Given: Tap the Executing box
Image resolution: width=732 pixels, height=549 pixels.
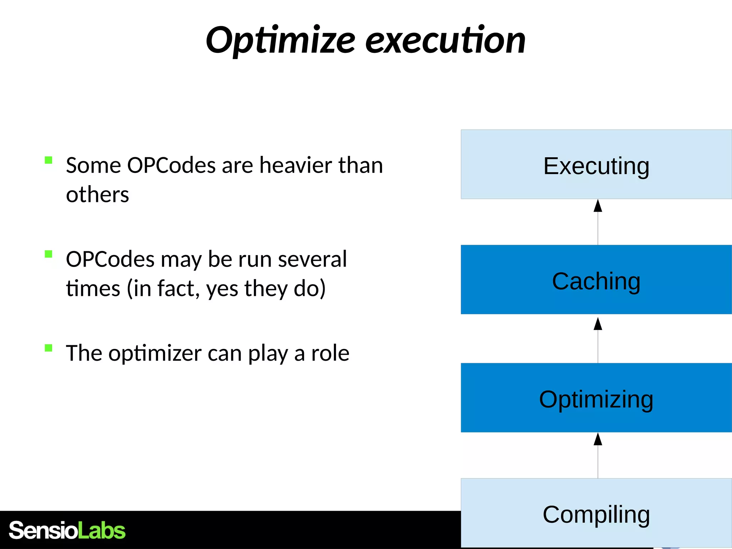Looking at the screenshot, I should pyautogui.click(x=596, y=165).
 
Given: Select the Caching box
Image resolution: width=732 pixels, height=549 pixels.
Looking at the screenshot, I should pyautogui.click(x=596, y=280).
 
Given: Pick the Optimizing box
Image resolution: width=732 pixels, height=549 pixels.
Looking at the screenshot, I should pyautogui.click(x=596, y=398).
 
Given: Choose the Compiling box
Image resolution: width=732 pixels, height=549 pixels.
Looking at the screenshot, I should pyautogui.click(x=596, y=513).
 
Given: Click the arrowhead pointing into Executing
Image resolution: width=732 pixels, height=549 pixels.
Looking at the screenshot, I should pyautogui.click(x=598, y=206).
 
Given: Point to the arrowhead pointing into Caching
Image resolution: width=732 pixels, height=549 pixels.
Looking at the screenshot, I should pyautogui.click(x=598, y=324).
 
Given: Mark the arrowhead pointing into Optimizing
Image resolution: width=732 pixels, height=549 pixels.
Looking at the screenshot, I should pyautogui.click(x=598, y=439).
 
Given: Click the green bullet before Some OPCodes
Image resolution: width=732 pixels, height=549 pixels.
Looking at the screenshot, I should pyautogui.click(x=49, y=160).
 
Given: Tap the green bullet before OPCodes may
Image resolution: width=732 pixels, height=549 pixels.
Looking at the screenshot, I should pyautogui.click(x=49, y=254).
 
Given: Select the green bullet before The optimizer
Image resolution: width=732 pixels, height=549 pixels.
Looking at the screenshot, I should pyautogui.click(x=49, y=348).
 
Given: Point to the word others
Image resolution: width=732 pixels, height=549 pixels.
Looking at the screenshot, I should pyautogui.click(x=97, y=195).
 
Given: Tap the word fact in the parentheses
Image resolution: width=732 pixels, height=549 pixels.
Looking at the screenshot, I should pyautogui.click(x=177, y=288).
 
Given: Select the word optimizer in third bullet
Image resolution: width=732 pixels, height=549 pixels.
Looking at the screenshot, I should pyautogui.click(x=155, y=354).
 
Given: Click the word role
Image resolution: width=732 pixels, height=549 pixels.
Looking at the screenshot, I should pyautogui.click(x=330, y=353).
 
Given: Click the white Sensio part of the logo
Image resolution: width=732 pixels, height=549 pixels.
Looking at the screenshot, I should pyautogui.click(x=43, y=530).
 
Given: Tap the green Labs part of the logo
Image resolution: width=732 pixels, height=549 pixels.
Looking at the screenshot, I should pyautogui.click(x=102, y=530).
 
